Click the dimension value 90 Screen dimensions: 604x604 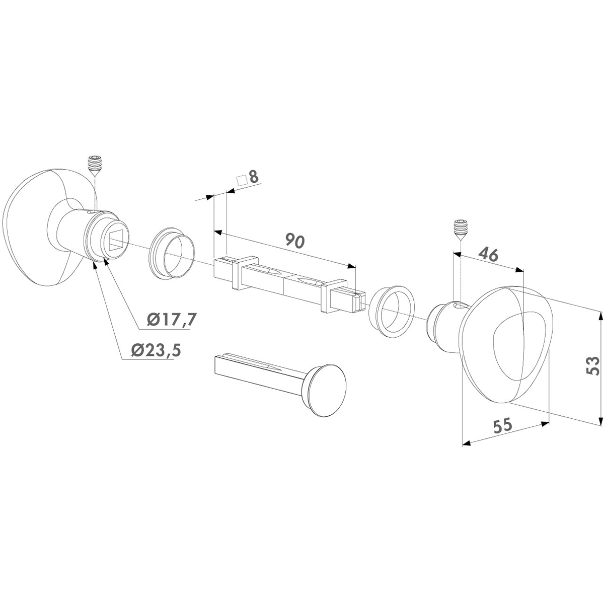coord(295,241)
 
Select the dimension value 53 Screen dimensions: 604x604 coord(592,365)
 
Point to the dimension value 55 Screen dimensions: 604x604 coord(502,426)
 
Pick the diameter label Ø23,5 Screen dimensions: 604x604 coord(157,350)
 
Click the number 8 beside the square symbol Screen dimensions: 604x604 coord(254,177)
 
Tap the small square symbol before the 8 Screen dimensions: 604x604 coord(242,181)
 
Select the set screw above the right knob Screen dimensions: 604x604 coord(459,231)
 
